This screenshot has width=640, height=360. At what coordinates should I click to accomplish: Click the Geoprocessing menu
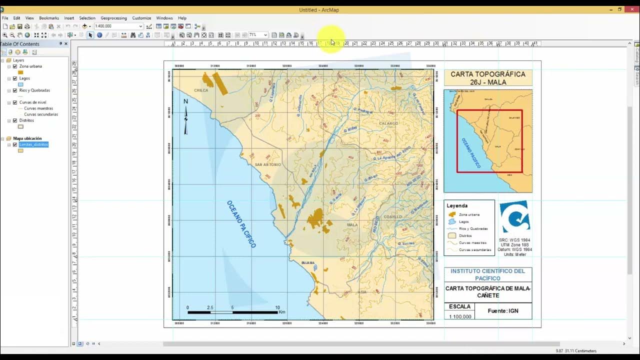(x=113, y=18)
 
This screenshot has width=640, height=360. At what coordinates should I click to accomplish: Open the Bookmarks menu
(x=49, y=18)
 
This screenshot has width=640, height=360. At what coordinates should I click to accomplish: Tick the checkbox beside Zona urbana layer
(x=15, y=66)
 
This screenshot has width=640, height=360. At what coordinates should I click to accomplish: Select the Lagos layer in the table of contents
(x=24, y=78)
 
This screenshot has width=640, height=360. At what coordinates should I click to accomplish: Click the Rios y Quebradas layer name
(x=34, y=90)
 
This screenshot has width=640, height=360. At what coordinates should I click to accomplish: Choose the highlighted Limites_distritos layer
(x=34, y=144)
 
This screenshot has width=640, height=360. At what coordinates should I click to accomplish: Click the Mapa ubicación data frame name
(x=27, y=138)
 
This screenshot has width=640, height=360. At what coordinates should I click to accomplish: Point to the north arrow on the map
(x=186, y=117)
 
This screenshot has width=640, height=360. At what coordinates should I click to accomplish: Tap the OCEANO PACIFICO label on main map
(x=241, y=224)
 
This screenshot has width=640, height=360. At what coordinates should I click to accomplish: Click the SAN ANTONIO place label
(x=268, y=164)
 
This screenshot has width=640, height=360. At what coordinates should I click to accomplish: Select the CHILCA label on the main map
(x=201, y=90)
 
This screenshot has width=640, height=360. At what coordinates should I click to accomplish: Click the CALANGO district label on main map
(x=388, y=123)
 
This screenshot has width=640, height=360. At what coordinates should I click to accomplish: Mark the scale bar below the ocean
(x=232, y=311)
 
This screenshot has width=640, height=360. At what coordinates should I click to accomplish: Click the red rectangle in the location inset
(x=489, y=141)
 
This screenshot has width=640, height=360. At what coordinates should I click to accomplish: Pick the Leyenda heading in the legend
(x=457, y=205)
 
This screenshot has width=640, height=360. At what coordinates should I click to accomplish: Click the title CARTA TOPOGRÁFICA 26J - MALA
(x=488, y=78)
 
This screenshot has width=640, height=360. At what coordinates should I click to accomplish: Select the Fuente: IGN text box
(x=502, y=311)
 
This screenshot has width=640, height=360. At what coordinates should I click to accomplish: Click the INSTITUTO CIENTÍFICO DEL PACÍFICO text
(x=488, y=274)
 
